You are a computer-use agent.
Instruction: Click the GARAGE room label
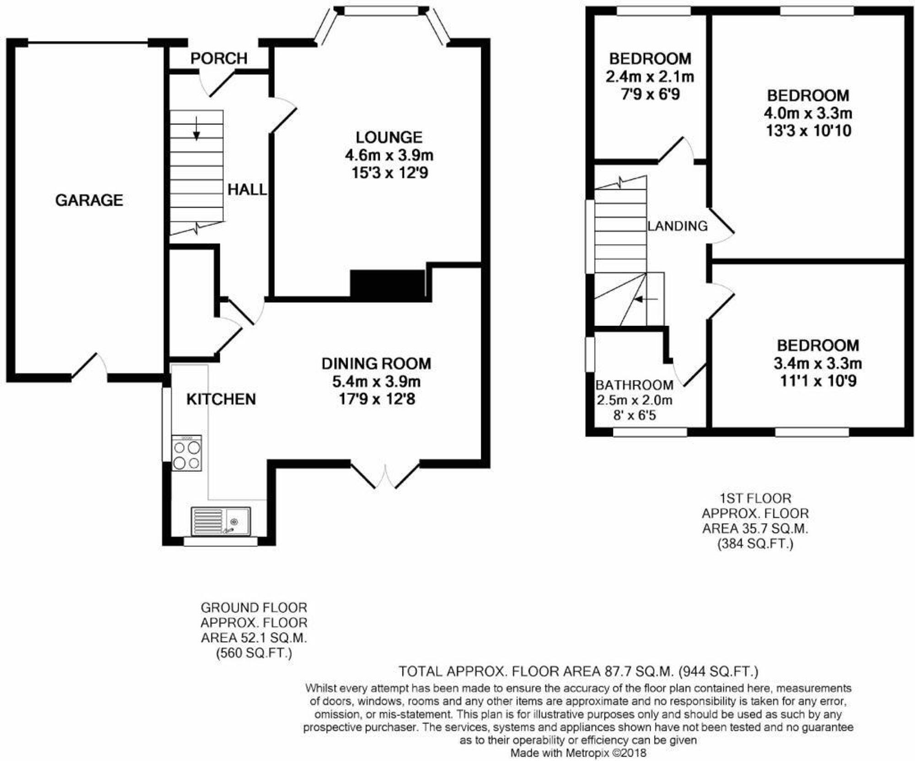click(89, 200)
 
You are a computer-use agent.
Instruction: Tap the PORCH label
click(219, 58)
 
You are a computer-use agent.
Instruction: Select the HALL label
click(247, 190)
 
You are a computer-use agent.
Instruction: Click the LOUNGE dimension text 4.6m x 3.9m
click(389, 155)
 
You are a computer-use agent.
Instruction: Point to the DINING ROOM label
click(376, 363)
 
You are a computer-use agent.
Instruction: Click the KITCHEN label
click(221, 399)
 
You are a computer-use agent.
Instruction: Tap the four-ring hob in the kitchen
click(187, 453)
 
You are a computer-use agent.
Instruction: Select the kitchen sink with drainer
click(221, 521)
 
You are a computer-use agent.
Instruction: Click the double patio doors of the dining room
click(385, 476)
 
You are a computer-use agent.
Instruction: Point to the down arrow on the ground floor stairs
click(196, 129)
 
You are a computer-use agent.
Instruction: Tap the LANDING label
click(677, 226)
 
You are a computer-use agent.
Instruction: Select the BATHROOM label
click(634, 385)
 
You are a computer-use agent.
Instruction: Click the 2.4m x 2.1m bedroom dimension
click(650, 76)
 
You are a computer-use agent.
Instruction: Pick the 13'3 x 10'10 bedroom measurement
click(808, 131)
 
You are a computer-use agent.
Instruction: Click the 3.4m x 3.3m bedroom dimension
click(818, 363)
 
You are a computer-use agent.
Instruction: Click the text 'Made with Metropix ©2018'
click(578, 752)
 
